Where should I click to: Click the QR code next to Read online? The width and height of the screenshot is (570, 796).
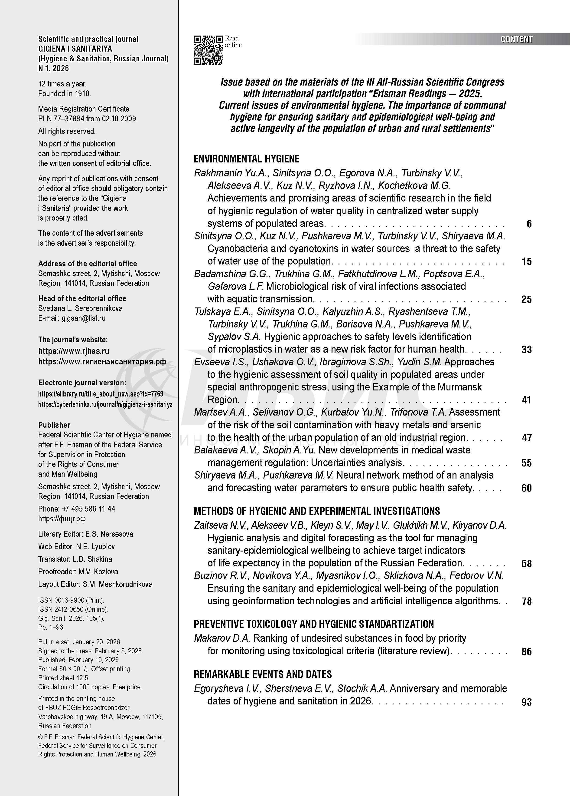(x=208, y=50)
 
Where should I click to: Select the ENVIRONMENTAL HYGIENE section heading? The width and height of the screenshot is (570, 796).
(x=246, y=159)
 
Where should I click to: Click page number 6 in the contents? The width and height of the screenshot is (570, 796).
(x=529, y=224)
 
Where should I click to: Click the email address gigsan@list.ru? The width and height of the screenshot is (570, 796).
(x=83, y=318)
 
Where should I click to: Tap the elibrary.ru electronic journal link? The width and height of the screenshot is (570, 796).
(x=101, y=394)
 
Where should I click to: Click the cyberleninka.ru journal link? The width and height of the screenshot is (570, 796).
(x=105, y=404)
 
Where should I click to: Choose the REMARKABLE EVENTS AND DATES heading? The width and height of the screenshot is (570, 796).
(x=263, y=674)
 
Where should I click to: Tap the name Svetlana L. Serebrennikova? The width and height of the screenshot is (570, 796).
(x=80, y=308)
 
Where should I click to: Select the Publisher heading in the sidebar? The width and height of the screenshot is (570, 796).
(x=54, y=425)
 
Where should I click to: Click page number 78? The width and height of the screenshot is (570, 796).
(x=527, y=601)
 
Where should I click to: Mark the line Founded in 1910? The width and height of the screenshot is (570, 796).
(x=65, y=94)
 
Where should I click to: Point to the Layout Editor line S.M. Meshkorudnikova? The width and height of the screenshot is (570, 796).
(x=95, y=584)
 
